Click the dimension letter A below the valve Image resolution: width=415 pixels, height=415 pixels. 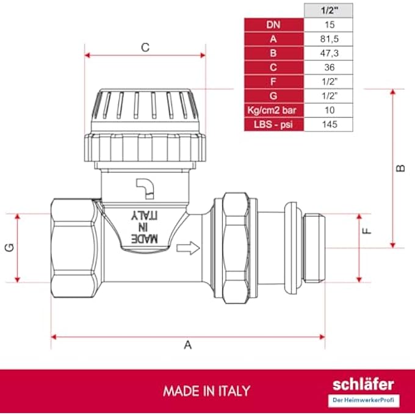point(188,345)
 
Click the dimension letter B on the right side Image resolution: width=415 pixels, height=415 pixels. point(400,168)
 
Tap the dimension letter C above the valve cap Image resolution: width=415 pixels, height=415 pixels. point(145,48)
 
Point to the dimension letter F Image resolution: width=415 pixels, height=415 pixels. point(366,233)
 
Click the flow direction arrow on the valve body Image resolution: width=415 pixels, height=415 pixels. point(188,248)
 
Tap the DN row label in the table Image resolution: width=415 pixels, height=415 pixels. point(273,25)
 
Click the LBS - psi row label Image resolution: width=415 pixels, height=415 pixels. point(273,124)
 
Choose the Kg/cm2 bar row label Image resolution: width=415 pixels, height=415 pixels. point(273,110)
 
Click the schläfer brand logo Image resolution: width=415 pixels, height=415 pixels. point(363,384)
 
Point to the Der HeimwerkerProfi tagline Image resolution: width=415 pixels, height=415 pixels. point(363,400)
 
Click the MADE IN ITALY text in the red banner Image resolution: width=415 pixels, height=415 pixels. point(206,391)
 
